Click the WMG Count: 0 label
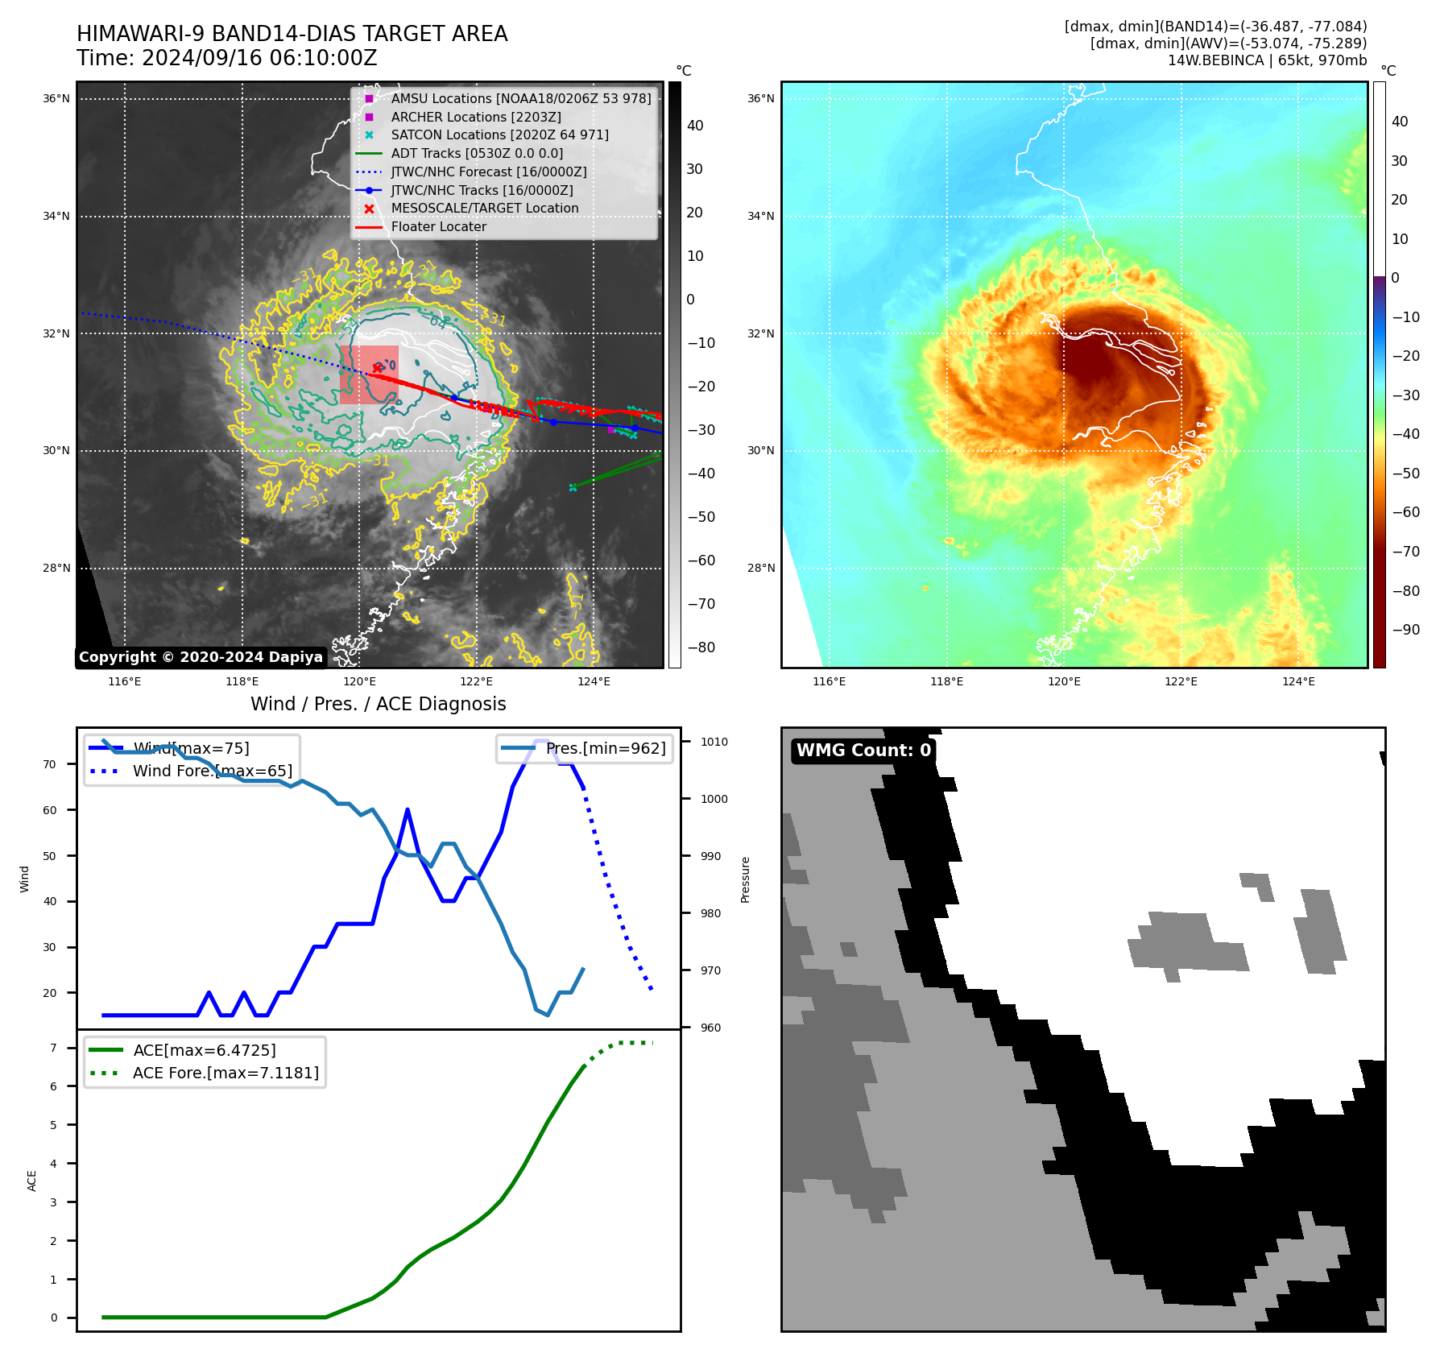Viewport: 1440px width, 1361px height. click(x=863, y=751)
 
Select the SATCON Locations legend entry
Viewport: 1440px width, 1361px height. click(x=499, y=135)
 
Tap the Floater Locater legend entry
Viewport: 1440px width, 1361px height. click(x=439, y=227)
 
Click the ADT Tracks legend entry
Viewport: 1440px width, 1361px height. click(x=477, y=154)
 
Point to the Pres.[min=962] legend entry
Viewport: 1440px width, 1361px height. click(x=606, y=749)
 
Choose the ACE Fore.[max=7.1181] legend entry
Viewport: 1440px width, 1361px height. click(x=226, y=1073)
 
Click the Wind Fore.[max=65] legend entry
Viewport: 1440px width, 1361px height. click(x=213, y=772)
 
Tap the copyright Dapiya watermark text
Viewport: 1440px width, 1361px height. click(x=201, y=657)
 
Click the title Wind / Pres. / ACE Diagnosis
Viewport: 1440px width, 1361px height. click(x=379, y=705)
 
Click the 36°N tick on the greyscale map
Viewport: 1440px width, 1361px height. click(x=56, y=99)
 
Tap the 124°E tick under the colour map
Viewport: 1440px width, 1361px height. click(x=1298, y=682)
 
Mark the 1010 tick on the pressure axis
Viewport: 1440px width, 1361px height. click(x=714, y=743)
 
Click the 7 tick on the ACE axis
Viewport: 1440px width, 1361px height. click(x=54, y=1049)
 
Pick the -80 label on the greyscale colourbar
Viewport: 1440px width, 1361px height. click(x=701, y=647)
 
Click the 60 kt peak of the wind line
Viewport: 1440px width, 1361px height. click(x=408, y=810)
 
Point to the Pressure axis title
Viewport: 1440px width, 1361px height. click(x=745, y=879)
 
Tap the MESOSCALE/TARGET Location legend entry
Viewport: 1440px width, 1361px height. click(x=484, y=209)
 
